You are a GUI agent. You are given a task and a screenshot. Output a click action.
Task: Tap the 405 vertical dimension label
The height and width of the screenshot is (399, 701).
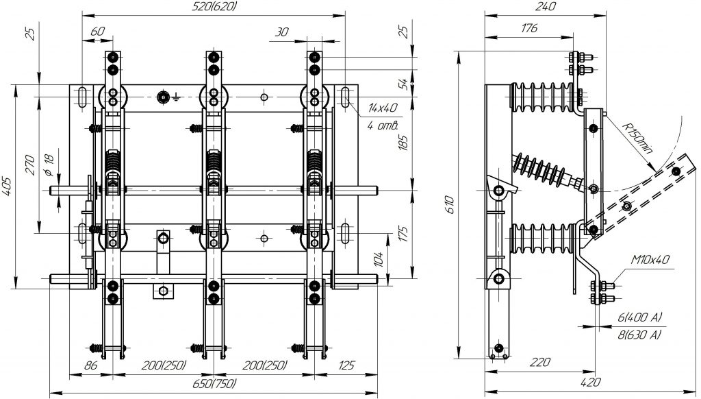(7, 186)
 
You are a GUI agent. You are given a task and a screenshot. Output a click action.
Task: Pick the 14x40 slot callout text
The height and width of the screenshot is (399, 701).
(381, 107)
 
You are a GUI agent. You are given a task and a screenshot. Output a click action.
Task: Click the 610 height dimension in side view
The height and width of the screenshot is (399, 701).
(450, 204)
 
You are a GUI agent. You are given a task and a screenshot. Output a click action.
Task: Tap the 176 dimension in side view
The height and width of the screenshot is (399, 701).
(528, 28)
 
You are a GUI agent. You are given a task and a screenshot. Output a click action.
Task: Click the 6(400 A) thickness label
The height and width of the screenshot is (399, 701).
(637, 318)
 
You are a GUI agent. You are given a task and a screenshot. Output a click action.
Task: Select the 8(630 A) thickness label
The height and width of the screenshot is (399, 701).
(637, 334)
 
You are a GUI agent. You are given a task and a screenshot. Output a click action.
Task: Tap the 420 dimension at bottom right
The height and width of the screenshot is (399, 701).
(587, 381)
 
